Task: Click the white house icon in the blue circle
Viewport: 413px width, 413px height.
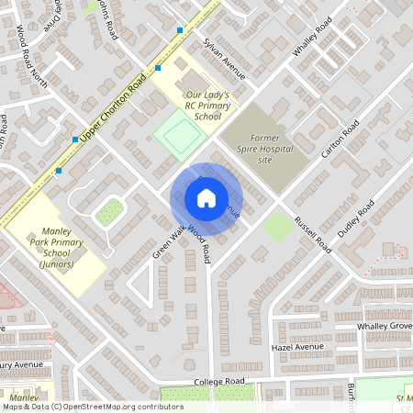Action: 206,197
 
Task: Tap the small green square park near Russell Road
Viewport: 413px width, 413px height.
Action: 278,225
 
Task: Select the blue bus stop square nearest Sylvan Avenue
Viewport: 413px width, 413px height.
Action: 181,30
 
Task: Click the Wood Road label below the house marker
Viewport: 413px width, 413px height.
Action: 200,243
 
